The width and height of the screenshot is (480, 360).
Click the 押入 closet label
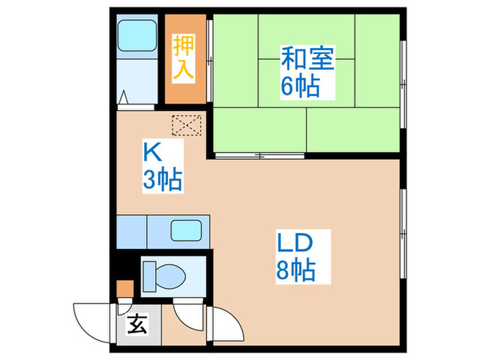pyautogui.click(x=183, y=58)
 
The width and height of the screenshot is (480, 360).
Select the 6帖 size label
pyautogui.click(x=299, y=86)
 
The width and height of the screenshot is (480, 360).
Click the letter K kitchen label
pyautogui.click(x=152, y=150)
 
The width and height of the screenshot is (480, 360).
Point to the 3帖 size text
pyautogui.click(x=162, y=180)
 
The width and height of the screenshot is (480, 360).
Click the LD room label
pyautogui.click(x=295, y=243)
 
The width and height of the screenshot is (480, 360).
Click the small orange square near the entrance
pyautogui.click(x=123, y=289)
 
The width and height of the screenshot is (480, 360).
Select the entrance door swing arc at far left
pyautogui.click(x=91, y=319)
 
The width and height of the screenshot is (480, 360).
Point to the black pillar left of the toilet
pyautogui.click(x=125, y=266)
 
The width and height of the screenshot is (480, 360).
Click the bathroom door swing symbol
pyautogui.click(x=124, y=99)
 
